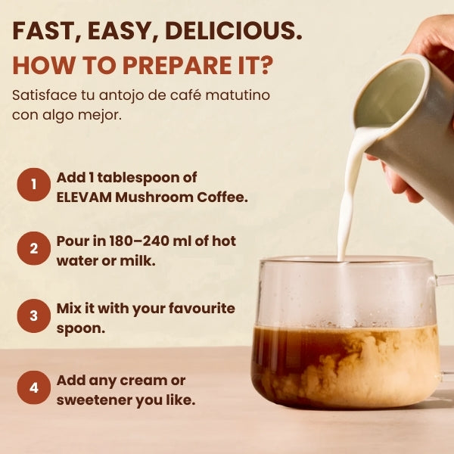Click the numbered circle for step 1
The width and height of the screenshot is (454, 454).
tap(33, 185)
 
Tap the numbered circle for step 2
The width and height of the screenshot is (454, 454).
tap(33, 250)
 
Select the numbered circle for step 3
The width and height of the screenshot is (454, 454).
tap(33, 317)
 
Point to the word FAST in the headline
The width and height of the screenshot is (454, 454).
tap(46, 31)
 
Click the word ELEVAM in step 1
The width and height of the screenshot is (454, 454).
tap(83, 197)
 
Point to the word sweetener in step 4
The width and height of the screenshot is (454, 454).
tap(96, 400)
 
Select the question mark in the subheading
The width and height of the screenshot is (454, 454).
tap(263, 66)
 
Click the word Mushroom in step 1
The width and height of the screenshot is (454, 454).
tap(153, 197)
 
